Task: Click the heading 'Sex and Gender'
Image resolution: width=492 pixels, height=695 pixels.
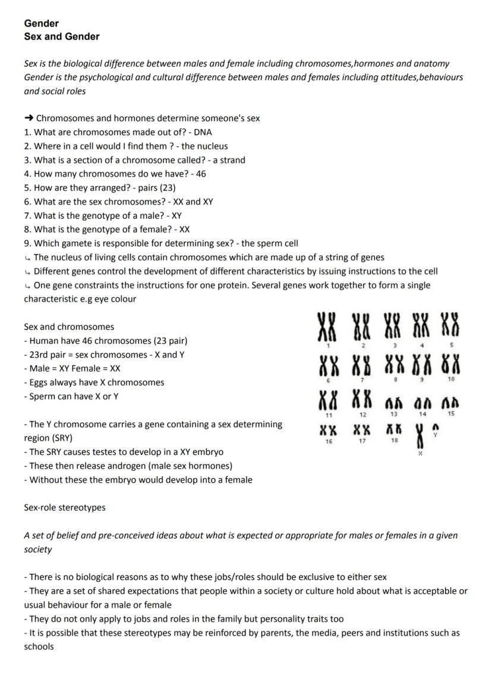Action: pyautogui.click(x=62, y=37)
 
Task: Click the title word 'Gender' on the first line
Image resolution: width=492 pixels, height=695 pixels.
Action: pyautogui.click(x=42, y=23)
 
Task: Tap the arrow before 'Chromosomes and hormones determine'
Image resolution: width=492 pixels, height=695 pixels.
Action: pyautogui.click(x=29, y=118)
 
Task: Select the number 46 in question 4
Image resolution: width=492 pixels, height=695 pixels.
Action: pyautogui.click(x=201, y=174)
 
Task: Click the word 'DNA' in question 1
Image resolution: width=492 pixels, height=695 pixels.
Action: pyautogui.click(x=203, y=132)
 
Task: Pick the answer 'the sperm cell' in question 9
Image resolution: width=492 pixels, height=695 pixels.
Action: pyautogui.click(x=271, y=243)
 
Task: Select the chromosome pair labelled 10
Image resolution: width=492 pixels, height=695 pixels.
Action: pyautogui.click(x=451, y=364)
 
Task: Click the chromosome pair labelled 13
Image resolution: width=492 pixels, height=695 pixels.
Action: pyautogui.click(x=393, y=402)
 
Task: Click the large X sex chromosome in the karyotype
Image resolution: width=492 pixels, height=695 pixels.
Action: pyautogui.click(x=421, y=438)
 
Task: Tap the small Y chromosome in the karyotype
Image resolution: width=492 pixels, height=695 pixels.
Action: pyautogui.click(x=435, y=427)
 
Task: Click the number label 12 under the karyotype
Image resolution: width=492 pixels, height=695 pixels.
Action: pyautogui.click(x=363, y=414)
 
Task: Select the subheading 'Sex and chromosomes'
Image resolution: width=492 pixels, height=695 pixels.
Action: pyautogui.click(x=69, y=327)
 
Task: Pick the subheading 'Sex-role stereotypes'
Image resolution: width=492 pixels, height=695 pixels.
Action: pyautogui.click(x=65, y=508)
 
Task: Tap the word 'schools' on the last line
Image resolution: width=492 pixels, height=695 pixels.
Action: pyautogui.click(x=39, y=646)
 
